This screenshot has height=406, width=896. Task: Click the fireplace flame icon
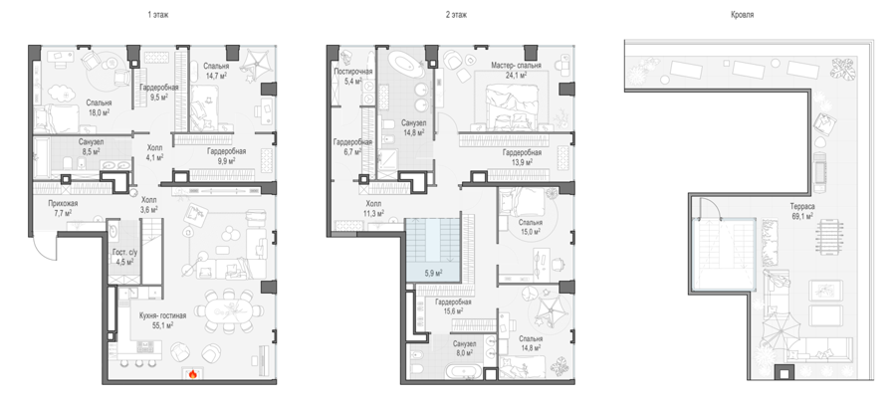point(192,374)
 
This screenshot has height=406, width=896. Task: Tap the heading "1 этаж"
point(157,15)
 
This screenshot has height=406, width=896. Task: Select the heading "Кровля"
point(743,15)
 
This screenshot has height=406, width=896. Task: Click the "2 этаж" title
point(456,15)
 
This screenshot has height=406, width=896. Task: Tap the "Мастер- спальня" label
point(516,65)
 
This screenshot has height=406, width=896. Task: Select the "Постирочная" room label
point(353,72)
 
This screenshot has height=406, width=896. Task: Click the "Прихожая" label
point(63,203)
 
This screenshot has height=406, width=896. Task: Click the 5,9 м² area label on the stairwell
point(433,274)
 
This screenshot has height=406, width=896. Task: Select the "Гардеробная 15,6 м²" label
point(453,306)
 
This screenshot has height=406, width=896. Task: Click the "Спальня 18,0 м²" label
point(99,107)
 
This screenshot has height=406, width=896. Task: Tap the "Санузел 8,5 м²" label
point(90,146)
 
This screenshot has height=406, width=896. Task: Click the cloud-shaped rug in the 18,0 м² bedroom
point(59,93)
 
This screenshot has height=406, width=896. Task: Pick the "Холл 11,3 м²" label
point(374,208)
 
